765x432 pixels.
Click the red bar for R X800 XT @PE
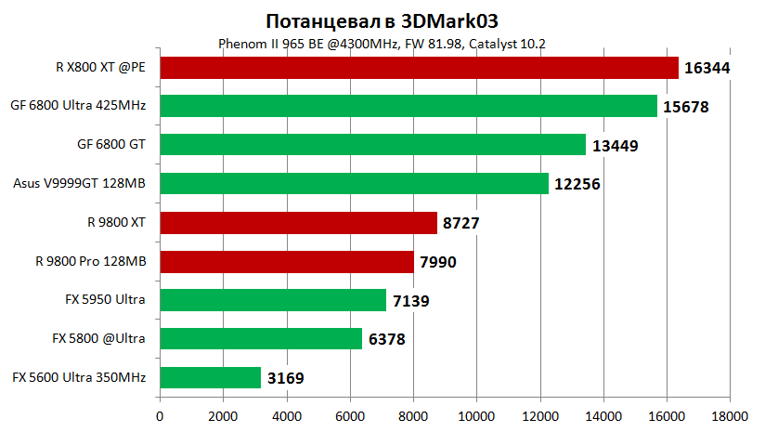click(419, 68)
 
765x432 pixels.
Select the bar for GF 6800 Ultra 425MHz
click(408, 106)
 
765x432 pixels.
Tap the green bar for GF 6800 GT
click(372, 145)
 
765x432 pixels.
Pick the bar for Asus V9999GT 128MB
click(354, 184)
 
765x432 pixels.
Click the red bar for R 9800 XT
click(298, 223)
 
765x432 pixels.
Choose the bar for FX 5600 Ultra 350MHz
click(210, 377)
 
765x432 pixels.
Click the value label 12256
click(577, 184)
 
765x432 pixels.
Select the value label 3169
click(285, 378)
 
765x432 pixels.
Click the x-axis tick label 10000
click(476, 416)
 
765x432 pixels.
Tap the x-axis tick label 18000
click(729, 416)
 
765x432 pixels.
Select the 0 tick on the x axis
click(160, 416)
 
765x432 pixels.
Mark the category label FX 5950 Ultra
click(105, 300)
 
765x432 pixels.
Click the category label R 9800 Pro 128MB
click(91, 261)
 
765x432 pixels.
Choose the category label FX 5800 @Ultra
click(103, 338)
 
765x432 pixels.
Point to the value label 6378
click(387, 339)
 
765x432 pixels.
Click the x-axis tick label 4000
click(286, 416)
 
